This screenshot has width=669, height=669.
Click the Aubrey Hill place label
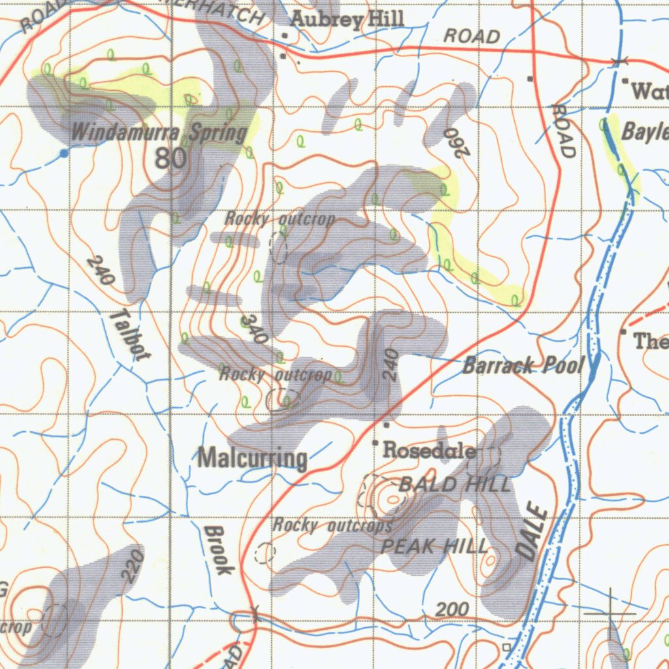point(347,20)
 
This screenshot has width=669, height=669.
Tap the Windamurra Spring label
point(159,133)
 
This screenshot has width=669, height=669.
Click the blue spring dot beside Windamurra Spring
point(63,153)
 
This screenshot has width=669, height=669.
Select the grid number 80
point(171,157)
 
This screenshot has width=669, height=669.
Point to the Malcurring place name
point(252,458)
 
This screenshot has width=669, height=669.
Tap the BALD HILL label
point(455,484)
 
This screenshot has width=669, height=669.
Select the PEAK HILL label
point(434,546)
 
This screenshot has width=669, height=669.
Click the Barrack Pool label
point(523,365)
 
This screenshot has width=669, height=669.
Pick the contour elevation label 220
point(133,565)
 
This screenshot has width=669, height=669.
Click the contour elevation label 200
point(452,610)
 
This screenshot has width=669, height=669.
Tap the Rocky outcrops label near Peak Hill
point(333,525)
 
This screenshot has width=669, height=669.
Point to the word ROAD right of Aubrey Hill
point(472,37)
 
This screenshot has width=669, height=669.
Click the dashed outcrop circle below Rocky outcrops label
point(265,553)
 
